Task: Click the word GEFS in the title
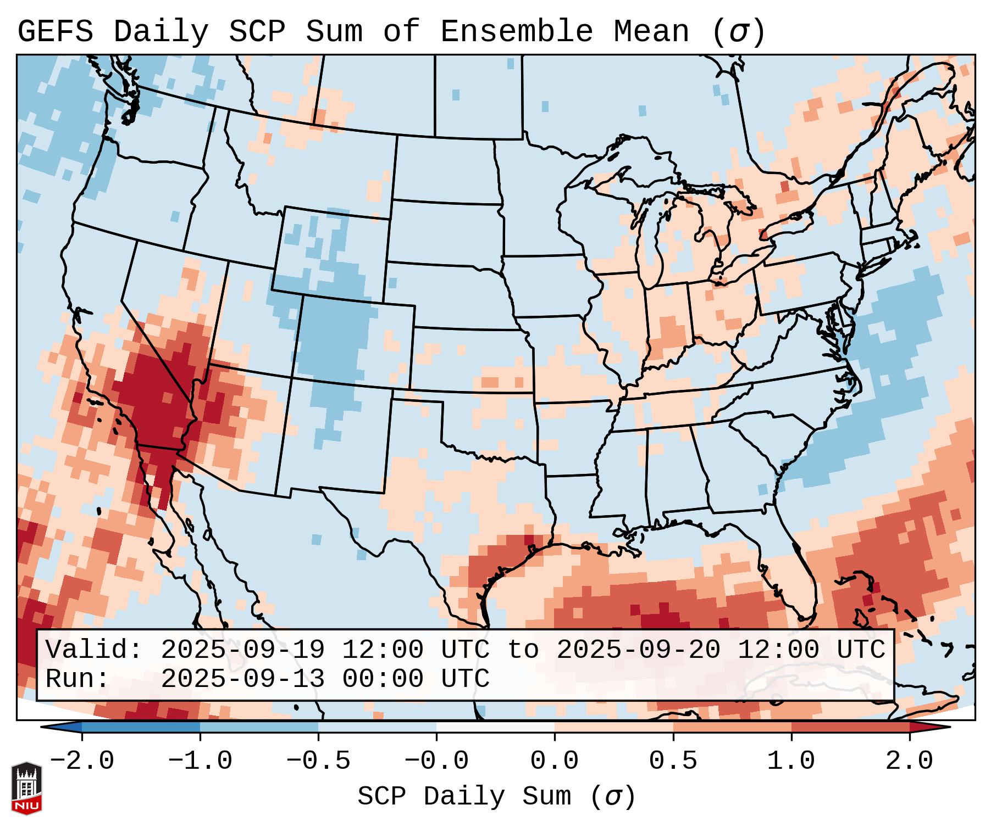(x=55, y=32)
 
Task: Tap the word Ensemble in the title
(x=516, y=32)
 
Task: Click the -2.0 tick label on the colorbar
(x=82, y=761)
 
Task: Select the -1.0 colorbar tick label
(x=200, y=761)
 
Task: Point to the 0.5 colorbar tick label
(x=673, y=761)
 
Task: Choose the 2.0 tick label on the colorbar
(x=910, y=761)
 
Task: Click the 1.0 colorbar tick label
(x=791, y=761)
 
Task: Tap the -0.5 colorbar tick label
(x=318, y=761)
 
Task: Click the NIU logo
(x=26, y=788)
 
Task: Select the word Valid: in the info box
(x=94, y=650)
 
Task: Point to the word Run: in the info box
(x=77, y=679)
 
